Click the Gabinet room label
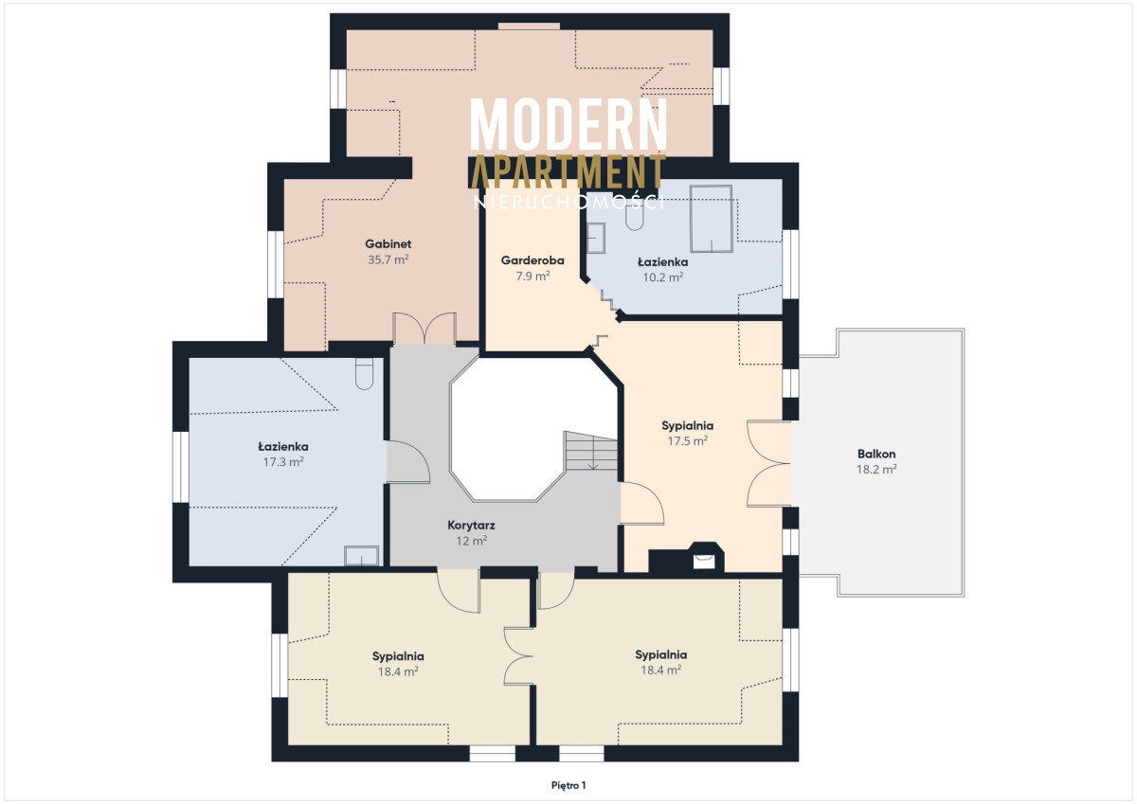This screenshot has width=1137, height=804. pos(388,244)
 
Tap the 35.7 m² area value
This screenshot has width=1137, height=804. pos(388,259)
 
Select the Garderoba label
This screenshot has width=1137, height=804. pos(532,260)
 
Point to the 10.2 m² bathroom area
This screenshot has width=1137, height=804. pos(663,277)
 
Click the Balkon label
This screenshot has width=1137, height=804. pos(876,454)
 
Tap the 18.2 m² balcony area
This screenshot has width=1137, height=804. pos(876,469)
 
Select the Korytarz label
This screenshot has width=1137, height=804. pos(471,526)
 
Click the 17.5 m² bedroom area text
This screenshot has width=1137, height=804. pos(687,440)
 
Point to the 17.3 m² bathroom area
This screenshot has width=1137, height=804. pos(283,462)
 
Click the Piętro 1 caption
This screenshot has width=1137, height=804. pos(568,786)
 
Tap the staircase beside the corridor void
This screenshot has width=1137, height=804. pos(591,451)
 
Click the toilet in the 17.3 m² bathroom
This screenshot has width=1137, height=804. pos(364,374)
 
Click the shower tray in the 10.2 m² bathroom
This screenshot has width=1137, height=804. pos(711,219)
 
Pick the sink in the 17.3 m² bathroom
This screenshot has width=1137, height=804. pos(361,556)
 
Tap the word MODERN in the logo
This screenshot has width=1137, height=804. pos(568,124)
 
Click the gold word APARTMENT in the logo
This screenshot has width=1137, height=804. pos(568,171)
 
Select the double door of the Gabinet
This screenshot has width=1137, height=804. pos(424,329)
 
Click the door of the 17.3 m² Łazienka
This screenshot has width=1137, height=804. pos(408,461)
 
